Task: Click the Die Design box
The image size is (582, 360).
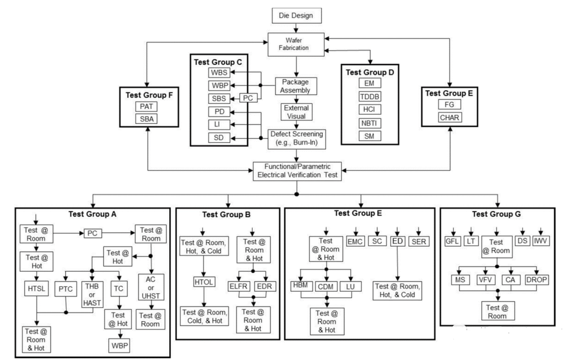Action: (296, 16)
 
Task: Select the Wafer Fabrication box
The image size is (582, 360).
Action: (296, 43)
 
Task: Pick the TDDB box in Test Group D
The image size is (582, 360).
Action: (369, 96)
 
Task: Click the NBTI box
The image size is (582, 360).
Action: (369, 123)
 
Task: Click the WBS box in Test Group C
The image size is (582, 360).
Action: (219, 73)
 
